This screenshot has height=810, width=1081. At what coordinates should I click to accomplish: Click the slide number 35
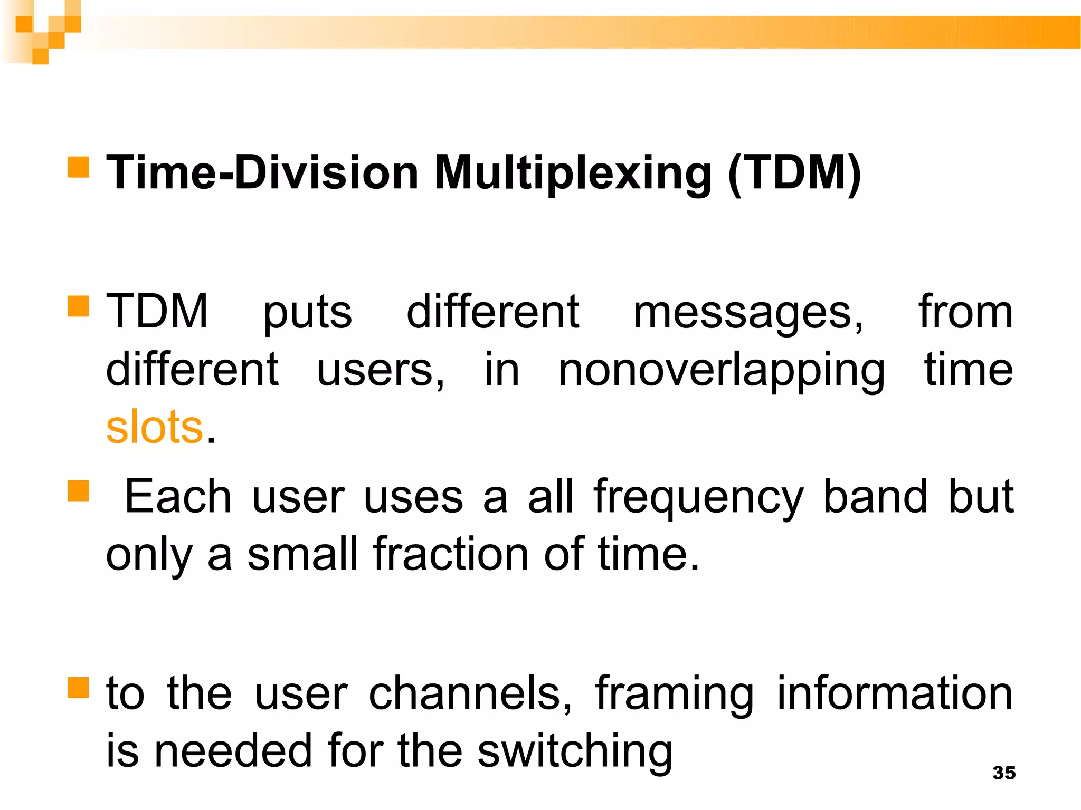[x=1003, y=773]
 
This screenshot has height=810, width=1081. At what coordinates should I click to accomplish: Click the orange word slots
[x=154, y=427]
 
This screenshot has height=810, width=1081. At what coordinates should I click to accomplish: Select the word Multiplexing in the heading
[x=573, y=173]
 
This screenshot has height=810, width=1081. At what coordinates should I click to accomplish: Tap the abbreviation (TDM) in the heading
[x=794, y=173]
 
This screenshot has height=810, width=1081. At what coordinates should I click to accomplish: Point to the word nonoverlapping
[x=721, y=371]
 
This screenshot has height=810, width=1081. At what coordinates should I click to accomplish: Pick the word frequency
[x=698, y=498]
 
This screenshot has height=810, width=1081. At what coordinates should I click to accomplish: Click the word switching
[x=575, y=752]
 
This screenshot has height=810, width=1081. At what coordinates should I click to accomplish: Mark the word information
[x=895, y=693]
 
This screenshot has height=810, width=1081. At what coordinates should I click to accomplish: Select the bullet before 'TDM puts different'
[x=78, y=306]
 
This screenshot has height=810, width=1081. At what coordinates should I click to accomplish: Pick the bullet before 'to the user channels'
[x=78, y=687]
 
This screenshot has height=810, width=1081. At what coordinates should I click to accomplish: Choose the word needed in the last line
[x=233, y=751]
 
